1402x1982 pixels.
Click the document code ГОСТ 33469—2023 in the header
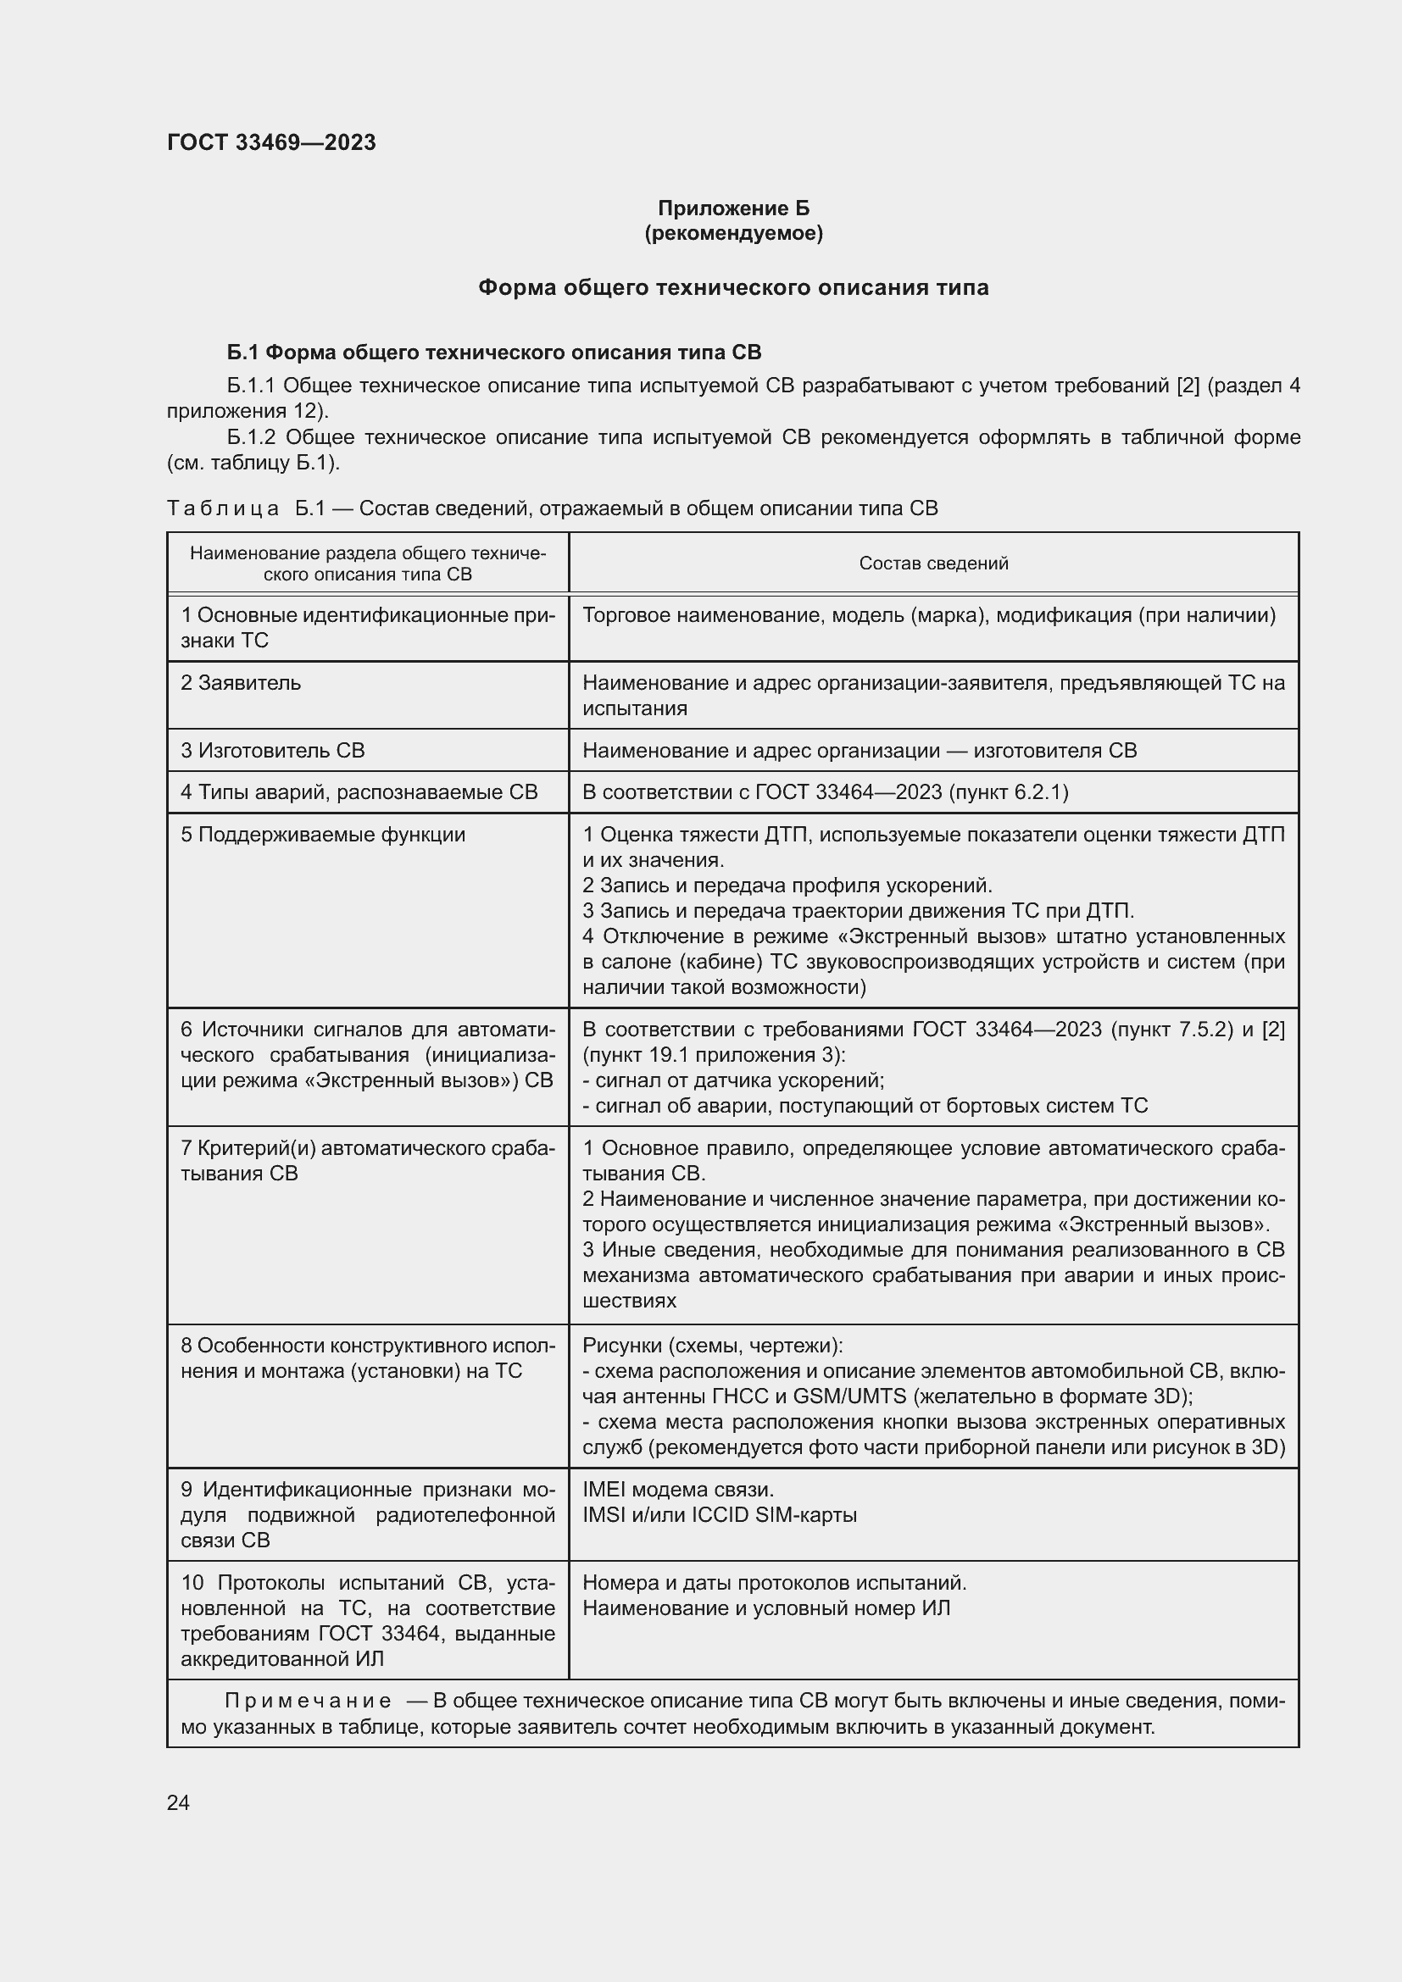(x=271, y=142)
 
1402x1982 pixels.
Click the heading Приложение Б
(x=733, y=208)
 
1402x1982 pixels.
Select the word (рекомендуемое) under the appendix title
(x=733, y=233)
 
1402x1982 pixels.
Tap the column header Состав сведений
(x=933, y=564)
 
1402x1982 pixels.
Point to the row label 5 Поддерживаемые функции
(x=323, y=835)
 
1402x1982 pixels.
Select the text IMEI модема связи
(x=679, y=1490)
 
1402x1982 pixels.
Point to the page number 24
(x=178, y=1802)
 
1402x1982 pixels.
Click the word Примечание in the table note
(x=308, y=1701)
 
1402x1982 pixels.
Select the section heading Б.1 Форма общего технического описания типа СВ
(x=494, y=353)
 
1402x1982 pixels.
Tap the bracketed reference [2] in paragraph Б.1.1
(x=1188, y=386)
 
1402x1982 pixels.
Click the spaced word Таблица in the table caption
(x=223, y=508)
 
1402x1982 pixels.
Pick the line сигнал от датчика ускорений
(x=734, y=1080)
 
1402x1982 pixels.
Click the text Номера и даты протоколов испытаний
(x=775, y=1582)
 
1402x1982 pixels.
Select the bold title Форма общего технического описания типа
(x=733, y=287)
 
